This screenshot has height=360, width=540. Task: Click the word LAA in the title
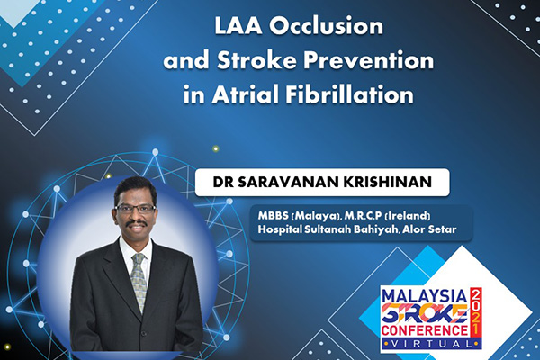[x=238, y=26]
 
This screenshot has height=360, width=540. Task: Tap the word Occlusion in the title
[x=326, y=26]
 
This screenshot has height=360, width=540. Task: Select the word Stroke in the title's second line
[x=256, y=60]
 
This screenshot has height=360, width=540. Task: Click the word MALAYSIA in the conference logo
[x=425, y=296]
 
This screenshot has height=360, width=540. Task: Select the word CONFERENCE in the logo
[x=425, y=330]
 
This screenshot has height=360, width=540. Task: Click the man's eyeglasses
[x=135, y=209]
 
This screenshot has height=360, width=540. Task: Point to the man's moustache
[x=136, y=223]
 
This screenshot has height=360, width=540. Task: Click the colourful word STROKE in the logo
[x=425, y=313]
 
